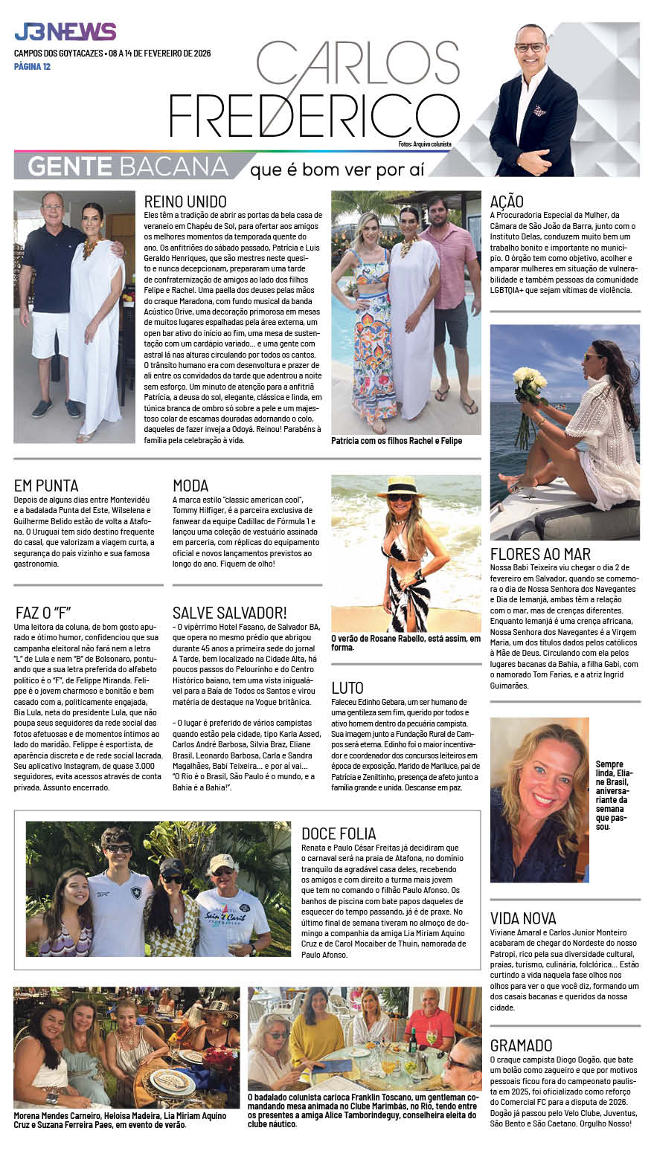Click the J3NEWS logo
tap(65, 32)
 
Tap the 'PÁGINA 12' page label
tap(32, 67)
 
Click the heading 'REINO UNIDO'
tap(185, 201)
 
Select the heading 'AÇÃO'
tap(507, 201)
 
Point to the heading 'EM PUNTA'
tap(46, 486)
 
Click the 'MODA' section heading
tap(190, 486)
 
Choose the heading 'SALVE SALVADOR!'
tap(229, 613)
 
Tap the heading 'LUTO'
tap(347, 687)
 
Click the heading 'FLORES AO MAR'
tap(540, 554)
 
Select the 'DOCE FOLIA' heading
tap(339, 834)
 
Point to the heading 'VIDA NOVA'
tap(523, 918)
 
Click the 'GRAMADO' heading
tap(521, 1045)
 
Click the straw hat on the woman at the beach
tap(400, 487)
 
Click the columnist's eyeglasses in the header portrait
tap(530, 47)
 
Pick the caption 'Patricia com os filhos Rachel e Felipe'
tap(397, 441)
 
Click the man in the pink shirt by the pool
tap(449, 275)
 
